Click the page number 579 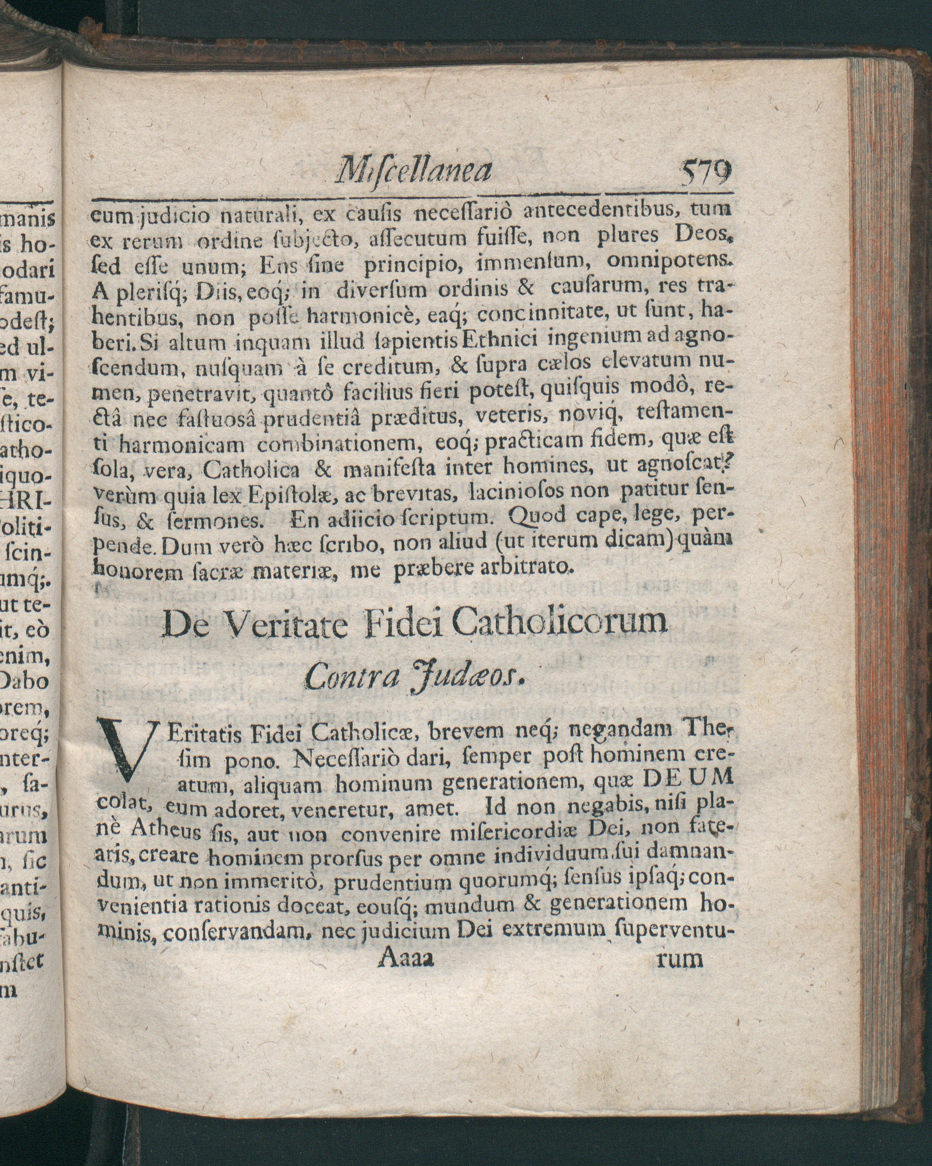[x=706, y=173]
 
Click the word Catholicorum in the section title [x=559, y=622]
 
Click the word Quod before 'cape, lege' [x=537, y=517]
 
